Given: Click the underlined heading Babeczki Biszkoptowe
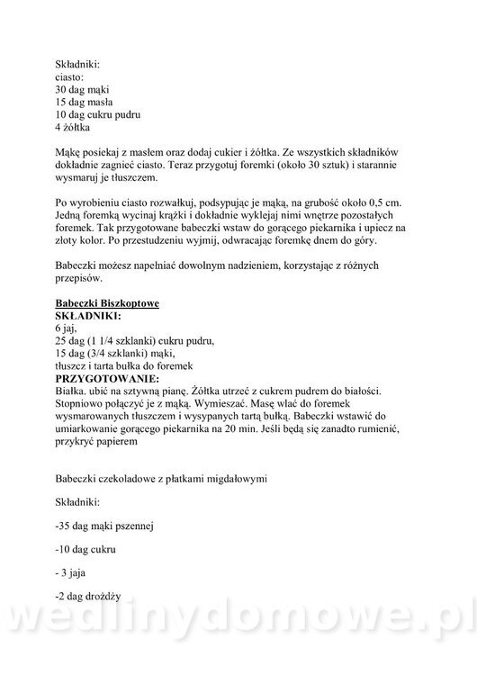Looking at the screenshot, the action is [107, 305].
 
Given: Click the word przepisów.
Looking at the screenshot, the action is [82, 280].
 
